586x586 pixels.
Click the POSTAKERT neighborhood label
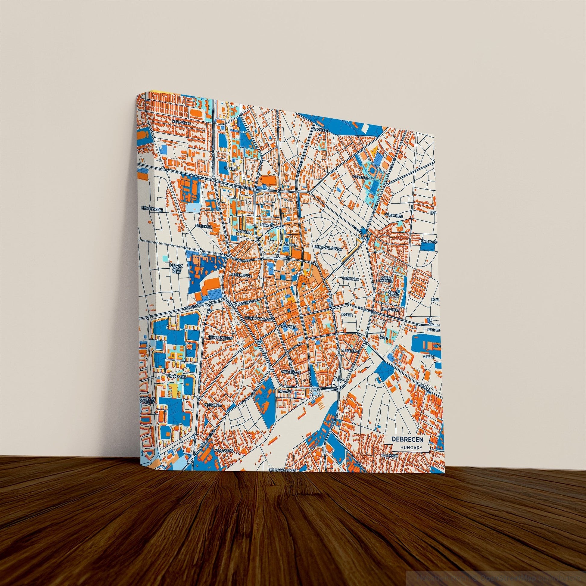pyautogui.click(x=214, y=405)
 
